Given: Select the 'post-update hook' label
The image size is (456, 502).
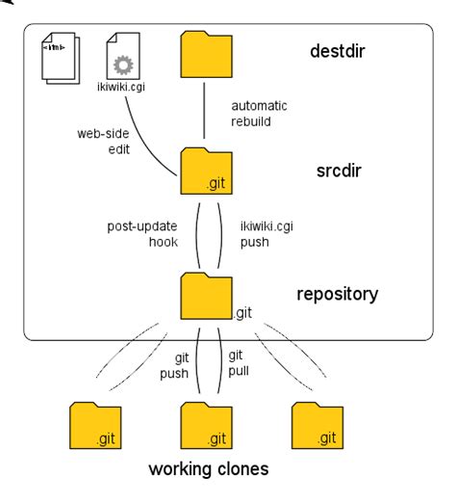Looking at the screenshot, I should tap(141, 234).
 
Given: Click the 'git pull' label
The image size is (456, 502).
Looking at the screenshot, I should tap(237, 363).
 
